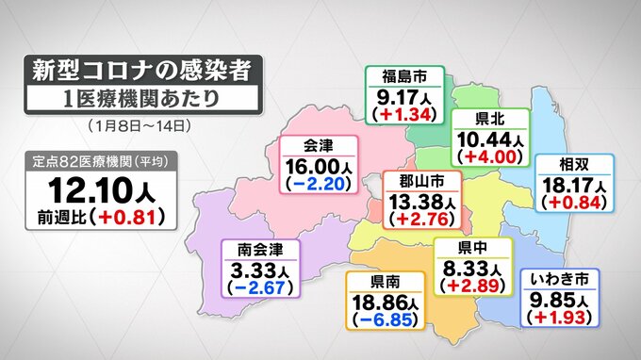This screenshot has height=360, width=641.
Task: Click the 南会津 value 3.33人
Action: (x=260, y=269)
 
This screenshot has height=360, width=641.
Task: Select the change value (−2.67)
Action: (x=260, y=287)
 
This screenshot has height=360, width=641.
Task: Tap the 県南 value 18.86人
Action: (x=384, y=302)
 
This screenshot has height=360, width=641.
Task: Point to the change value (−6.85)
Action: (x=384, y=320)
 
